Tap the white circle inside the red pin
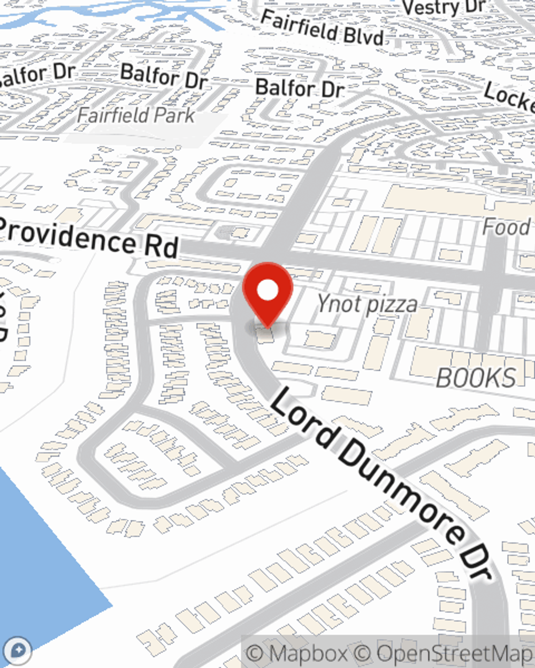click(268, 291)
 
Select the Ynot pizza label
click(366, 304)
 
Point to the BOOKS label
click(476, 378)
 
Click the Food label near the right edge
click(506, 227)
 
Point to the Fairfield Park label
click(136, 115)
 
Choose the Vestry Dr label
click(444, 7)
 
